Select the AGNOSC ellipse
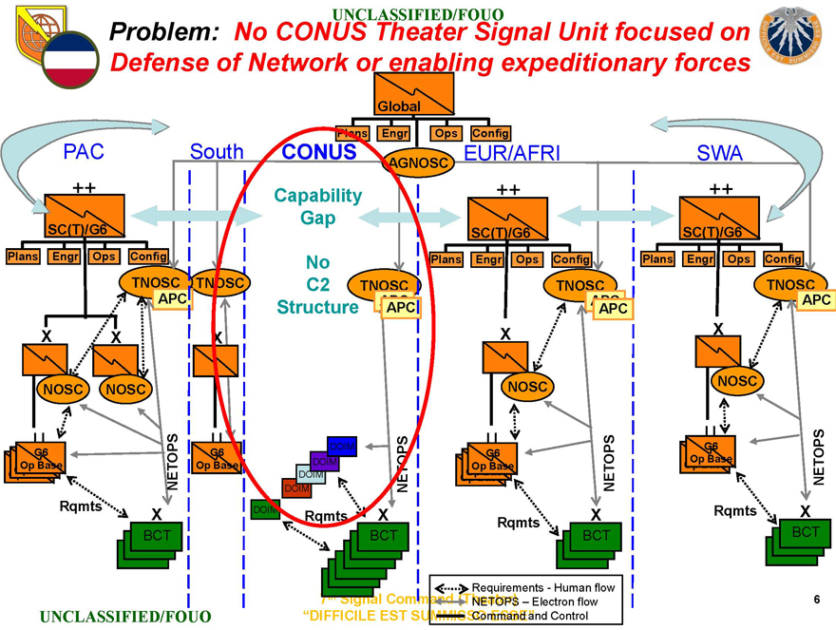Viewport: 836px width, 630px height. coord(416,162)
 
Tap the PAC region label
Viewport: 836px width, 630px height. coord(83,152)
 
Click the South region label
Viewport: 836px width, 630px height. coord(217,152)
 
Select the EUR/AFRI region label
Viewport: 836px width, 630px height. coord(512,152)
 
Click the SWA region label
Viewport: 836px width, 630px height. coord(720,152)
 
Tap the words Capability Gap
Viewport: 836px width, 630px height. coord(317,206)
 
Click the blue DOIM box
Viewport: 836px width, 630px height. coord(342,446)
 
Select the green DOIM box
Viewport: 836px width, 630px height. coord(265,510)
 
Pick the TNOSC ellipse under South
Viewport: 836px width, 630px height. coord(219,282)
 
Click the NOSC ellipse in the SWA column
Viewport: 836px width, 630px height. coord(737,380)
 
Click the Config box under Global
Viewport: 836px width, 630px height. coord(490,133)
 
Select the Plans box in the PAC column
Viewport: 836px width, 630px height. coord(23,256)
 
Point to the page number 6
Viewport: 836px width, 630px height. coord(816,599)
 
